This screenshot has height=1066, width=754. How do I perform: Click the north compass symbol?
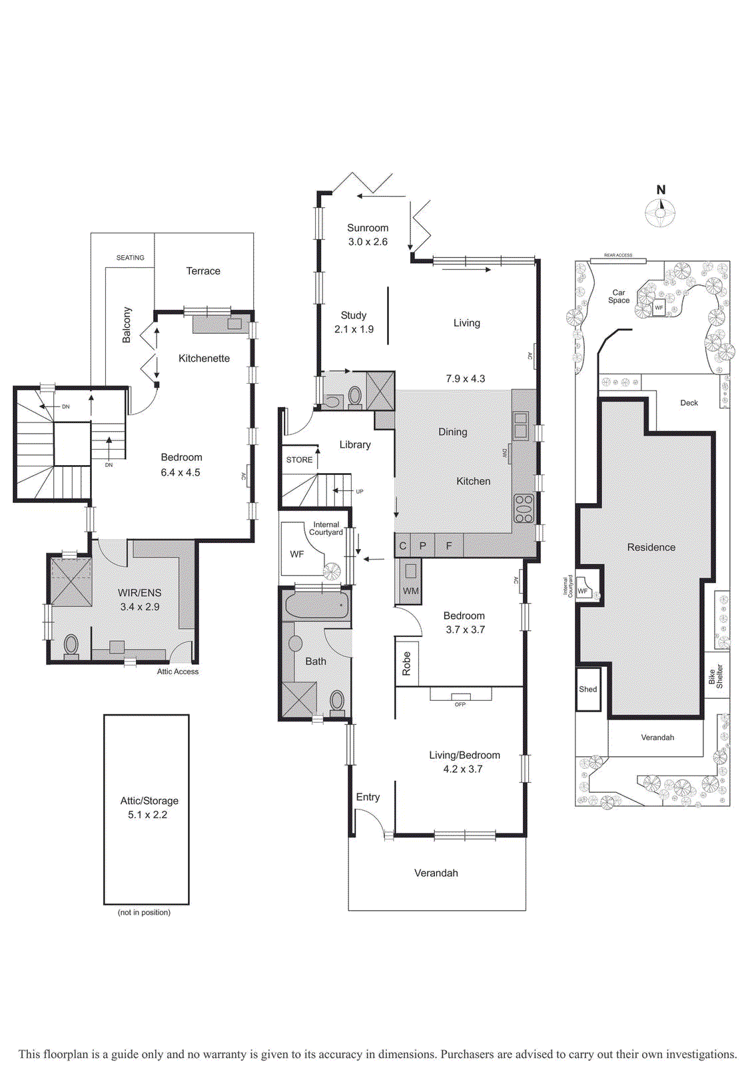click(x=660, y=213)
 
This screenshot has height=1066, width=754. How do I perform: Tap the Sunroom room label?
click(x=368, y=228)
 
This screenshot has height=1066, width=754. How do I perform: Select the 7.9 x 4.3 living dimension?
click(x=465, y=378)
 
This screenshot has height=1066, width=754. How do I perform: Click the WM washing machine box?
click(x=410, y=582)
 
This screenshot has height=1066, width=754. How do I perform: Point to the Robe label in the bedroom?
click(x=406, y=664)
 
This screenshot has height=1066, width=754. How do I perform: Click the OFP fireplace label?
click(x=460, y=704)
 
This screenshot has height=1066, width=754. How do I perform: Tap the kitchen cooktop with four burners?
click(x=524, y=508)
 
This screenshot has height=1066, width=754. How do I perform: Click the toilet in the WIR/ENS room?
click(x=71, y=645)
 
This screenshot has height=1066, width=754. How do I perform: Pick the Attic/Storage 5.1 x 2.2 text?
click(x=149, y=807)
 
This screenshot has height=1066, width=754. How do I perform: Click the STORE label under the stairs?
click(x=299, y=460)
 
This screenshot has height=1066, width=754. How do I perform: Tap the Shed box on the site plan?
click(x=588, y=690)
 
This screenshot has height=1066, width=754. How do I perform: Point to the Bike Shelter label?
click(x=715, y=678)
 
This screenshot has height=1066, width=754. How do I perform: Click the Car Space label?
click(x=618, y=296)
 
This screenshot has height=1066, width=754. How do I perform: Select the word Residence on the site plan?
click(x=651, y=547)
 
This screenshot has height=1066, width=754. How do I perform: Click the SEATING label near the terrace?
click(x=130, y=258)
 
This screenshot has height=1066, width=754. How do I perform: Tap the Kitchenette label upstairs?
click(x=204, y=358)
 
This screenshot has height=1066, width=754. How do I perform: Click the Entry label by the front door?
click(x=368, y=797)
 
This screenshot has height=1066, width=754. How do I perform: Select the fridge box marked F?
click(x=449, y=546)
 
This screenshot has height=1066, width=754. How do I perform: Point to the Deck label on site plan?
click(x=689, y=403)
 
